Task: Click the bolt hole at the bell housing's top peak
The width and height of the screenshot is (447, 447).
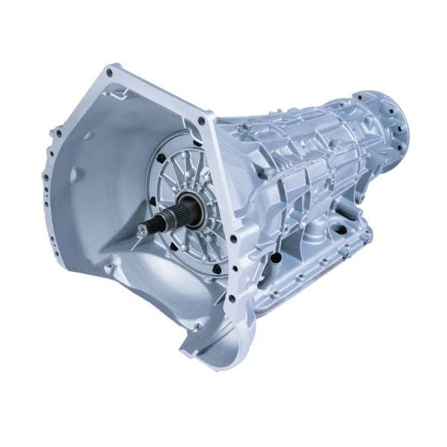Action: pos(110,73)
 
